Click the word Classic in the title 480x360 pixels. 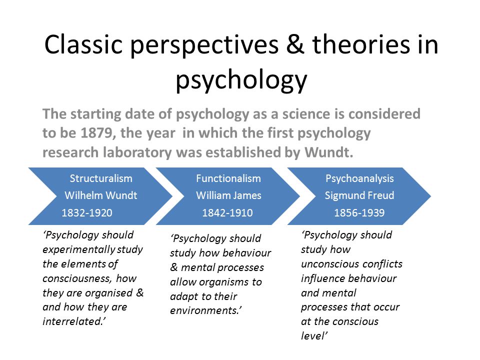pyautogui.click(x=83, y=44)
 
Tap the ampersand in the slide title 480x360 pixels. pyautogui.click(x=295, y=44)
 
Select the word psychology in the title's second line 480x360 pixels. pyautogui.click(x=241, y=80)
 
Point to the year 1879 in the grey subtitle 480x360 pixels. pyautogui.click(x=94, y=133)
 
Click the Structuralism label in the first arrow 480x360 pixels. pyautogui.click(x=101, y=178)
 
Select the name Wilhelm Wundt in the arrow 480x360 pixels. pyautogui.click(x=101, y=195)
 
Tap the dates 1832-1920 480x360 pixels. pyautogui.click(x=87, y=213)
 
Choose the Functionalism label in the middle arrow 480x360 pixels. pyautogui.click(x=228, y=178)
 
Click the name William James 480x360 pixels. pyautogui.click(x=228, y=195)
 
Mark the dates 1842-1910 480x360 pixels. pyautogui.click(x=227, y=213)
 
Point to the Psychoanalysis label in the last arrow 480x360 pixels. pyautogui.click(x=359, y=179)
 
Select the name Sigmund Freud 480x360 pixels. pyautogui.click(x=359, y=195)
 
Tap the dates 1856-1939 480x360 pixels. pyautogui.click(x=359, y=213)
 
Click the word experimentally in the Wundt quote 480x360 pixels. pyautogui.click(x=78, y=250)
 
